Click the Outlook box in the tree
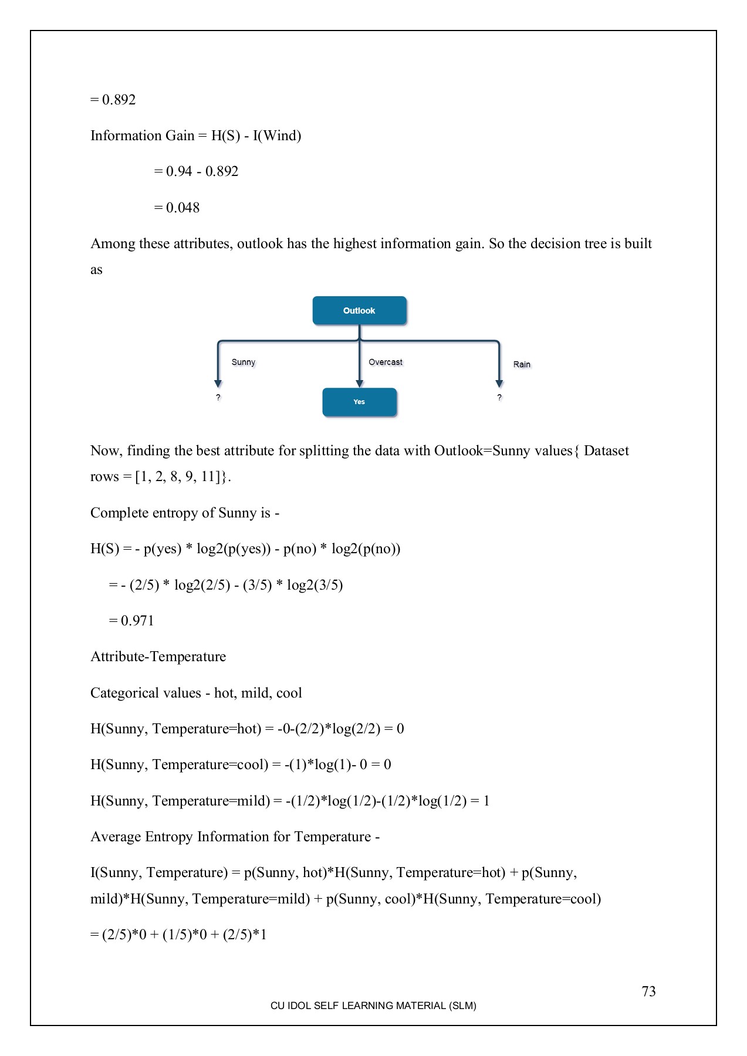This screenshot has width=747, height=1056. point(359,310)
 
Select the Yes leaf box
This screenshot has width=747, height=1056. point(359,402)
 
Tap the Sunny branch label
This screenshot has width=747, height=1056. point(243,362)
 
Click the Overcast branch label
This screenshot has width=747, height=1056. point(385,362)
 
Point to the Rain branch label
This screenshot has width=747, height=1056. point(521,364)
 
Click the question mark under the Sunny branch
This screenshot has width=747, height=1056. point(218,398)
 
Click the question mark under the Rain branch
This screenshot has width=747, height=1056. point(499,398)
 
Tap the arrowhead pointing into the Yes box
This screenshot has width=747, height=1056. point(359,384)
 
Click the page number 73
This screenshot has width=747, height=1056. point(648,991)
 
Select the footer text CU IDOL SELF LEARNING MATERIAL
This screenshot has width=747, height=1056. point(373,1006)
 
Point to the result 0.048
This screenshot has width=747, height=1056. point(182,208)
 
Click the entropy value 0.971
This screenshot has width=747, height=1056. point(137,621)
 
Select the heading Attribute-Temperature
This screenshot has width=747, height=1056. point(158,656)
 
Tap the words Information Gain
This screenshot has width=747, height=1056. point(142,136)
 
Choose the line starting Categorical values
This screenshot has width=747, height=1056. point(196,693)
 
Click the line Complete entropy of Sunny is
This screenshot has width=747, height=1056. point(184,513)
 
